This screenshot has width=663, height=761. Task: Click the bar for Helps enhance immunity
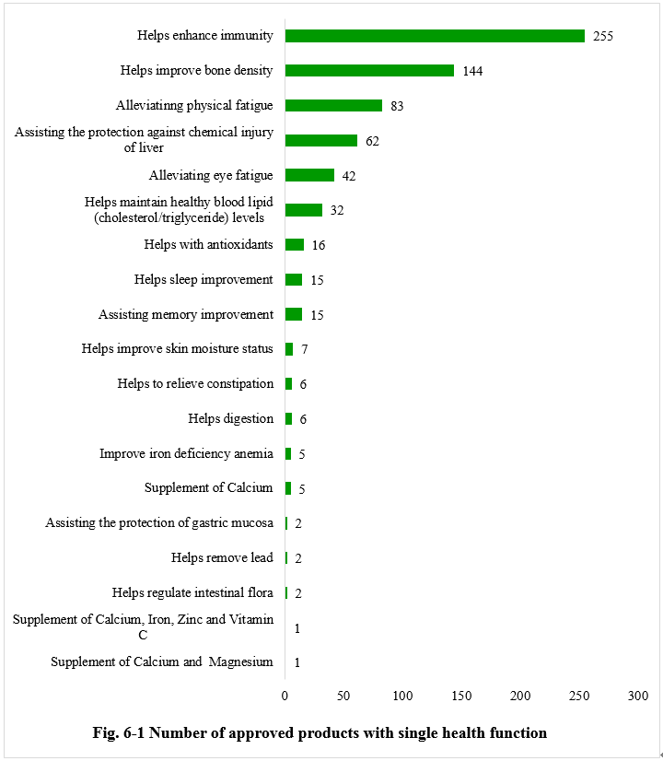[x=435, y=36]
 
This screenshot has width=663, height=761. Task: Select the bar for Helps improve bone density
[x=369, y=71]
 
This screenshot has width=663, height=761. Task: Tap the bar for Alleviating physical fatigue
[x=333, y=106]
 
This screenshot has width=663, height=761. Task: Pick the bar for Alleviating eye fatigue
[x=309, y=175]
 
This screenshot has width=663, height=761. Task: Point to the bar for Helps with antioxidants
[x=295, y=245]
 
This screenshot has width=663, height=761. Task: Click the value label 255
[x=603, y=37]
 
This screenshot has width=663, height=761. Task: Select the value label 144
[x=473, y=72]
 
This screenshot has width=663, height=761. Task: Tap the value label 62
[x=372, y=141]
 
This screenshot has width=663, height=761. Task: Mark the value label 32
[x=337, y=211]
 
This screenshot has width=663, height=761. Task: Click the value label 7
[x=305, y=350]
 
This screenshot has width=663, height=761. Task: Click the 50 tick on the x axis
[x=343, y=695]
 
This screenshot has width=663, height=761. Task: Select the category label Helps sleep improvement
[x=204, y=279]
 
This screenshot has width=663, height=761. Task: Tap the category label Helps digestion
[x=230, y=419]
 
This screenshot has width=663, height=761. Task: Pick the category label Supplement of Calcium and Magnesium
[x=162, y=662]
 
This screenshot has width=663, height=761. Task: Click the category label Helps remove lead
[x=222, y=558]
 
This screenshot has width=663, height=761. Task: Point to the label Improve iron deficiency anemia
[x=186, y=453]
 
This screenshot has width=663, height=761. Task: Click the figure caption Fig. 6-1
[x=320, y=733]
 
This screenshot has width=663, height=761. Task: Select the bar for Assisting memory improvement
[x=294, y=314]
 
